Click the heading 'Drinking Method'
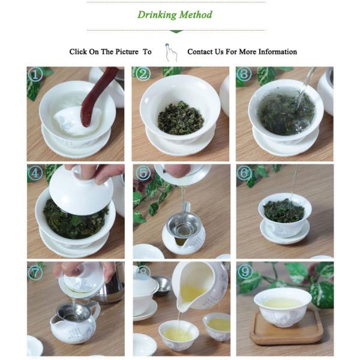click(x=175, y=15)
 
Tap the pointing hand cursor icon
click(x=171, y=52)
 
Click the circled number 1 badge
click(x=35, y=74)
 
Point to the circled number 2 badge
click(x=143, y=74)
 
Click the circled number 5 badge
click(x=142, y=173)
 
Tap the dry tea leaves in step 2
click(x=180, y=117)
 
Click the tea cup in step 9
click(x=282, y=306)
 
